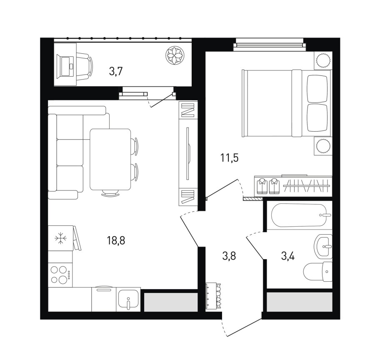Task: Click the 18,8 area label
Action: pos(116,240)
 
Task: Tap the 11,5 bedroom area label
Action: pos(229,158)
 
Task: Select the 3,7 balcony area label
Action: pos(116,71)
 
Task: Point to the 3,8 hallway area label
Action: pos(229,256)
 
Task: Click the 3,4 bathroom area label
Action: pos(288,256)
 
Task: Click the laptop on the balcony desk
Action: pos(65,66)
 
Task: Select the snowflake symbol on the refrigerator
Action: pos(60,238)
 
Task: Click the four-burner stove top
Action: pos(60,275)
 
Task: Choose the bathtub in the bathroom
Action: pos(299,215)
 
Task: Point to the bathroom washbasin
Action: pos(323,246)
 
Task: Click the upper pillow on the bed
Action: pos(317,89)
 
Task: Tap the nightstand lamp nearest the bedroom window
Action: pos(323,60)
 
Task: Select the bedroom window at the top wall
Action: pos(270,45)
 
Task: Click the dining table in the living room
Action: pos(110,159)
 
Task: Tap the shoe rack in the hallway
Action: pos(213,296)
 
